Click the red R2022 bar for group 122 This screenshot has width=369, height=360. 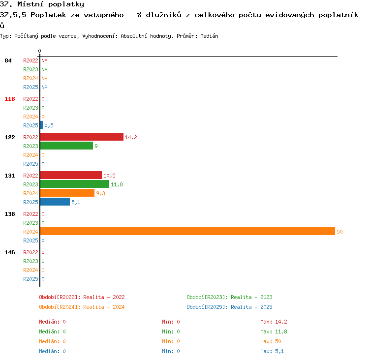pos(82,137)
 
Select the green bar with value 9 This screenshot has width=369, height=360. pos(66,146)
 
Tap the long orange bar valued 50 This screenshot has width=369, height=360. pos(187,231)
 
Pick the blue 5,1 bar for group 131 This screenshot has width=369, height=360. pos(55,202)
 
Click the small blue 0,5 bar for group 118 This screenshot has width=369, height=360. pos(42,125)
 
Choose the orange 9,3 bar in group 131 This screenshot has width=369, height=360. pos(67,193)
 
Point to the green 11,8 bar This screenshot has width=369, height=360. pos(75,184)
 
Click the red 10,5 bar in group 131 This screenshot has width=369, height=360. pos(71,175)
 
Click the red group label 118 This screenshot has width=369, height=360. pos(10,99)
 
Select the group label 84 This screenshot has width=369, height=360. pos(8,60)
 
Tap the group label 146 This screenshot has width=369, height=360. pos(10,252)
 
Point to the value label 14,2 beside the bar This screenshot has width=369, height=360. pos(131,137)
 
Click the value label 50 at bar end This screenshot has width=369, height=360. pos(339,232)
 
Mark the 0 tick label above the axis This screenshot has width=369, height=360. pos(39,51)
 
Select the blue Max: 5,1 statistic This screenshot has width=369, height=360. pos(272,351)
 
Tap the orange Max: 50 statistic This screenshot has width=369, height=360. pos(271,341)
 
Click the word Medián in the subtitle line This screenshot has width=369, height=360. pos(209,36)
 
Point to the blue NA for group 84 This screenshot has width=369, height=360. pos(44,87)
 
